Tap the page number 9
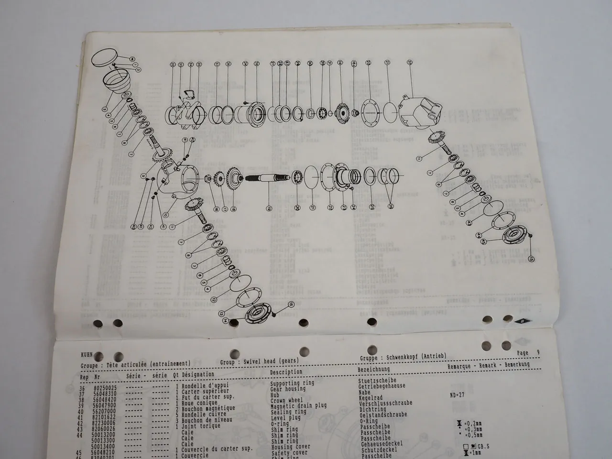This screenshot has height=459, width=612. [x=538, y=353]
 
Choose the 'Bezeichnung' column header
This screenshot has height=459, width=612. [x=374, y=369]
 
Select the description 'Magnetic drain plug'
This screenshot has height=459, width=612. [x=298, y=405]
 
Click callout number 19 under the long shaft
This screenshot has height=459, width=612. [x=269, y=208]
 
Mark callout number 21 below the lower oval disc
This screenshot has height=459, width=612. [x=312, y=208]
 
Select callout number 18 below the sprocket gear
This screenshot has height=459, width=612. [x=233, y=208]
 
